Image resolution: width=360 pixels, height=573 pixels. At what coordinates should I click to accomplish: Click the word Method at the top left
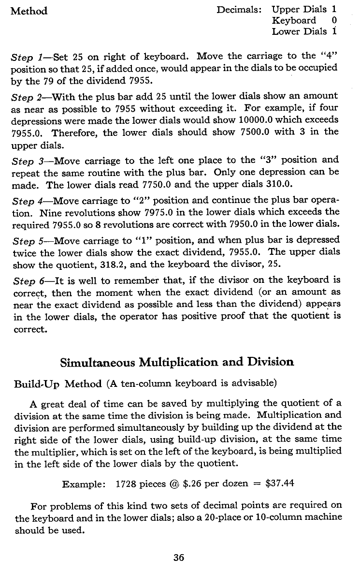(x=29, y=11)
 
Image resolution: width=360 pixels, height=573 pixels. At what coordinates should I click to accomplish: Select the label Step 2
(x=27, y=97)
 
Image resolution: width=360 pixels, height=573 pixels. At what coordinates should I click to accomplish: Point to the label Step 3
(x=27, y=160)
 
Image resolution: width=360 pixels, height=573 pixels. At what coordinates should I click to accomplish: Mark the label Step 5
(x=27, y=240)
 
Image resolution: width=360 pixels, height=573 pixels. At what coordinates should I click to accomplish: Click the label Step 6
(x=27, y=280)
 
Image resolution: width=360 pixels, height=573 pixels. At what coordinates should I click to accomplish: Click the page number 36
(x=179, y=558)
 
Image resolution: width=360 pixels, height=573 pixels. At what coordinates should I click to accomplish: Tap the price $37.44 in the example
(x=278, y=483)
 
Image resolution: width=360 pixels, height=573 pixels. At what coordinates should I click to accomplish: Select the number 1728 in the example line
(x=127, y=483)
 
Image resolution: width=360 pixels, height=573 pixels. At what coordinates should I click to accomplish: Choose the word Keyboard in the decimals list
(x=294, y=20)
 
